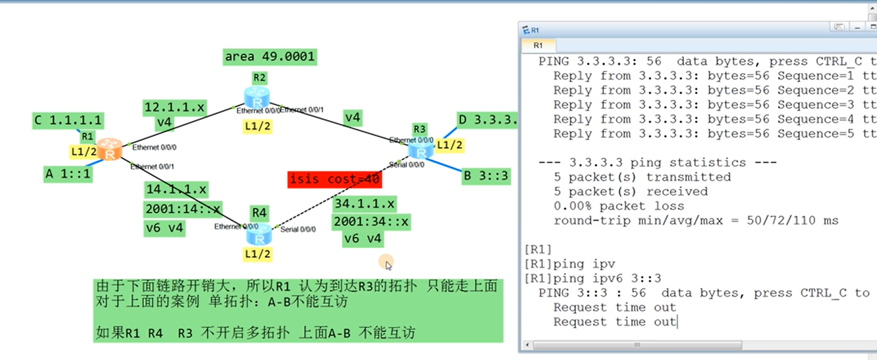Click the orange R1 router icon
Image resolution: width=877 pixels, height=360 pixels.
coord(110,149)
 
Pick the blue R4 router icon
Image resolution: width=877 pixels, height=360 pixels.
coord(259,235)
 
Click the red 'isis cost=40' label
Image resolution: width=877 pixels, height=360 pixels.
coord(334,179)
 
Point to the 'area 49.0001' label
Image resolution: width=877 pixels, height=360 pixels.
coord(270,56)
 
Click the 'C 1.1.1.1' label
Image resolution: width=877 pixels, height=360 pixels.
coord(68,120)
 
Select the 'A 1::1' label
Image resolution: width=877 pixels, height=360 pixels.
coord(68,174)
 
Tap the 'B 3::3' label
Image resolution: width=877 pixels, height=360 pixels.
coord(485,176)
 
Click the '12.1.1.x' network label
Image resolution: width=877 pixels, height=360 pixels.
coord(175,107)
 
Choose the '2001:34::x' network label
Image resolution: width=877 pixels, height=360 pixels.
coord(371,222)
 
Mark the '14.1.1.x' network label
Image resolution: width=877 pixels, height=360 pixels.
coord(176,189)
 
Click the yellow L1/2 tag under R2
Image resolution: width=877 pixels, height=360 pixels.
coord(258,126)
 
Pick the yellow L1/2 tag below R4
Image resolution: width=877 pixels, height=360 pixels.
coord(258,254)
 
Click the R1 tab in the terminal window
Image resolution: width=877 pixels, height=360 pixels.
coord(538,45)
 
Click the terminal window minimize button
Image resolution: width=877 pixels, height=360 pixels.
coord(857,28)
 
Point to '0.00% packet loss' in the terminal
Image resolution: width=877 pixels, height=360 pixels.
coord(618,206)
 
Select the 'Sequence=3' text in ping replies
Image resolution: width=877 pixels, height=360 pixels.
coord(815,105)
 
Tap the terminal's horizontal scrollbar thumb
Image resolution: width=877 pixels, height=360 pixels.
coord(637,345)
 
